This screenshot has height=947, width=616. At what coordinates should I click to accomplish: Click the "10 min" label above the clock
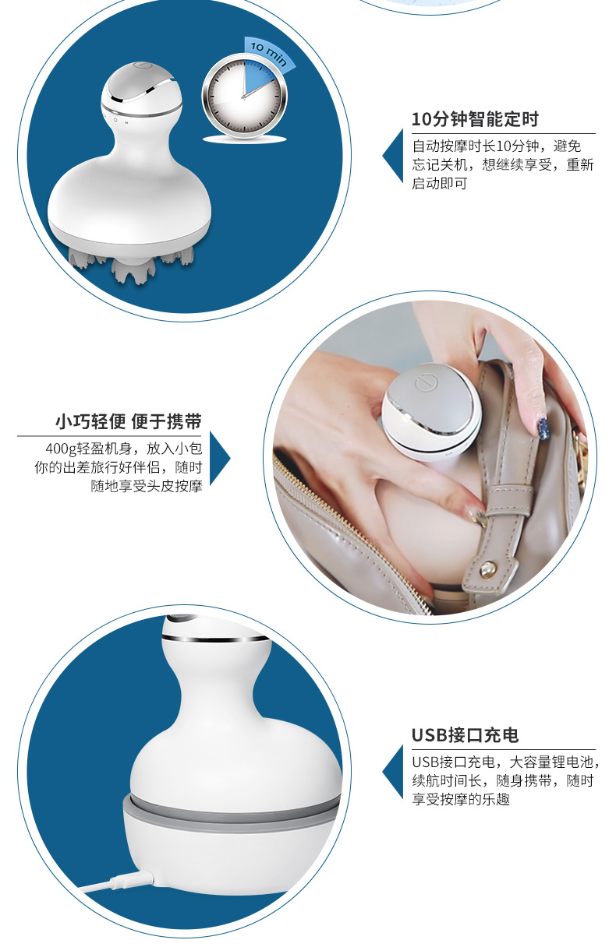(268, 53)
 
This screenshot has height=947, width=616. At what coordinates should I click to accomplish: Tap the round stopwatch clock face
(244, 95)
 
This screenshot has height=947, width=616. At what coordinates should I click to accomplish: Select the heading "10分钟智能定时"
(475, 119)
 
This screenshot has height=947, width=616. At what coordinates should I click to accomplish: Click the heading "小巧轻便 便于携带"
(129, 421)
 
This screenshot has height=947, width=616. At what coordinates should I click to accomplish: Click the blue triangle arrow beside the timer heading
(393, 156)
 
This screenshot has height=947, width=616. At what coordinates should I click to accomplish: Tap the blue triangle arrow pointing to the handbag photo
(220, 458)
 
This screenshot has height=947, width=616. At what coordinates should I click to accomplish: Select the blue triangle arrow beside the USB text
(393, 772)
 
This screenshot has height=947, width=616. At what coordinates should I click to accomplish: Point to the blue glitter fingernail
(543, 428)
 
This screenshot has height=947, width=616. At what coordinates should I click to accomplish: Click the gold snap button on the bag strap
(487, 568)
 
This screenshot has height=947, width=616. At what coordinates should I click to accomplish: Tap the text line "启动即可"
(440, 183)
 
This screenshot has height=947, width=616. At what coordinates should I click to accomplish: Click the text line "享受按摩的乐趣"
(461, 799)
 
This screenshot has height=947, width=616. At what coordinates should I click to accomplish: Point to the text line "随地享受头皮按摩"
(147, 486)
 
